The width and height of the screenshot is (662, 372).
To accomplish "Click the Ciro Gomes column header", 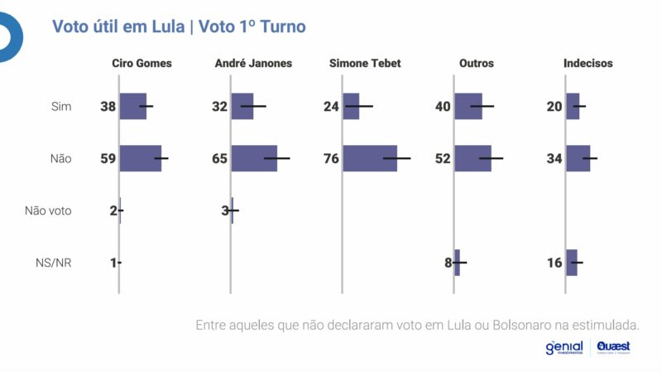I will [142, 63].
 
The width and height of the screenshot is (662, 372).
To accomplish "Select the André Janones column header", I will [253, 63].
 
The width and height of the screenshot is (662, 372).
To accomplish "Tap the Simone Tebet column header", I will [365, 63].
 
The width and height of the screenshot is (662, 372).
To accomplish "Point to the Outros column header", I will [477, 63].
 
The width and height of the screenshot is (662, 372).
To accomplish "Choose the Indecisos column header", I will [588, 63].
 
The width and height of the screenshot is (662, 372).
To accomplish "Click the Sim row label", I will [61, 106].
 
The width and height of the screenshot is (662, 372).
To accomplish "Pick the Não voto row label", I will [48, 210].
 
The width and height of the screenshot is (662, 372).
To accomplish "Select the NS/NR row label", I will [54, 263].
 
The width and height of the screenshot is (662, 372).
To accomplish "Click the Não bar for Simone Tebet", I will [370, 158].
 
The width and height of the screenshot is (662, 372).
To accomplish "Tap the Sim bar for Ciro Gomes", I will [133, 106].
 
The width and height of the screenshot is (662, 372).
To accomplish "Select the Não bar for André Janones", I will [254, 158].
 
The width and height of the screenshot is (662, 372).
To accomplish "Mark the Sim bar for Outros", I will [468, 106].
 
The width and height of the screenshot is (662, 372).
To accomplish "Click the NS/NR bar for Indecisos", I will [571, 263].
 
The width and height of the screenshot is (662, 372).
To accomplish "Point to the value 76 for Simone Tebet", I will [331, 158].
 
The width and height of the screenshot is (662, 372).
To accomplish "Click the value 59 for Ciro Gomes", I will [108, 158].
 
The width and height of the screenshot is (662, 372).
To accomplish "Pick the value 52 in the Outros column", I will [443, 158].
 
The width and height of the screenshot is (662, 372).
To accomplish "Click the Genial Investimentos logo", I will [564, 348].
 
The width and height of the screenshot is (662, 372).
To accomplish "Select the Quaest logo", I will [613, 348].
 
